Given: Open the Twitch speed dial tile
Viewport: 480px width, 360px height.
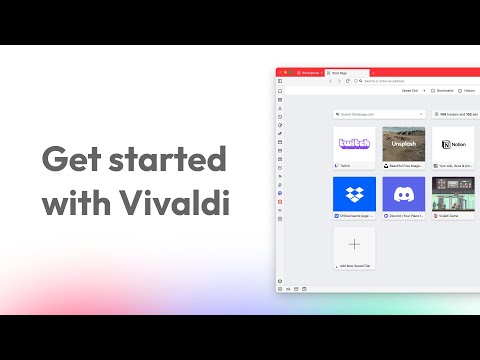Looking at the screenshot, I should coord(354,143).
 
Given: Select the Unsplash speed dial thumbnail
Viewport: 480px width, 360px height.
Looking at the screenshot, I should coord(403,143).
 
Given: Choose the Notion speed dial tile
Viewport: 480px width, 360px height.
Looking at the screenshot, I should coord(452,143).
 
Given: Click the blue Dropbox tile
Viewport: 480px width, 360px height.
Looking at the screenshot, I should coord(354,194).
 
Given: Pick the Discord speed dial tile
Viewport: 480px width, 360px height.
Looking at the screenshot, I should coord(403,194).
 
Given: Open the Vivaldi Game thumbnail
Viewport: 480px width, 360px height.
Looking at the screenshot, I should coord(452,194).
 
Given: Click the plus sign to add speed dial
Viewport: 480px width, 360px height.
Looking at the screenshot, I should coord(354,244).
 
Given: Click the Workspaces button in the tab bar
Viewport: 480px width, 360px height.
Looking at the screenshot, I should coord(307,72).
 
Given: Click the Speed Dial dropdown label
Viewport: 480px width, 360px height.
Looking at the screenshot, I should coord(411,89).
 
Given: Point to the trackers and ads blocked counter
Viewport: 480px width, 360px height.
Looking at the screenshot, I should coord(456,115).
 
